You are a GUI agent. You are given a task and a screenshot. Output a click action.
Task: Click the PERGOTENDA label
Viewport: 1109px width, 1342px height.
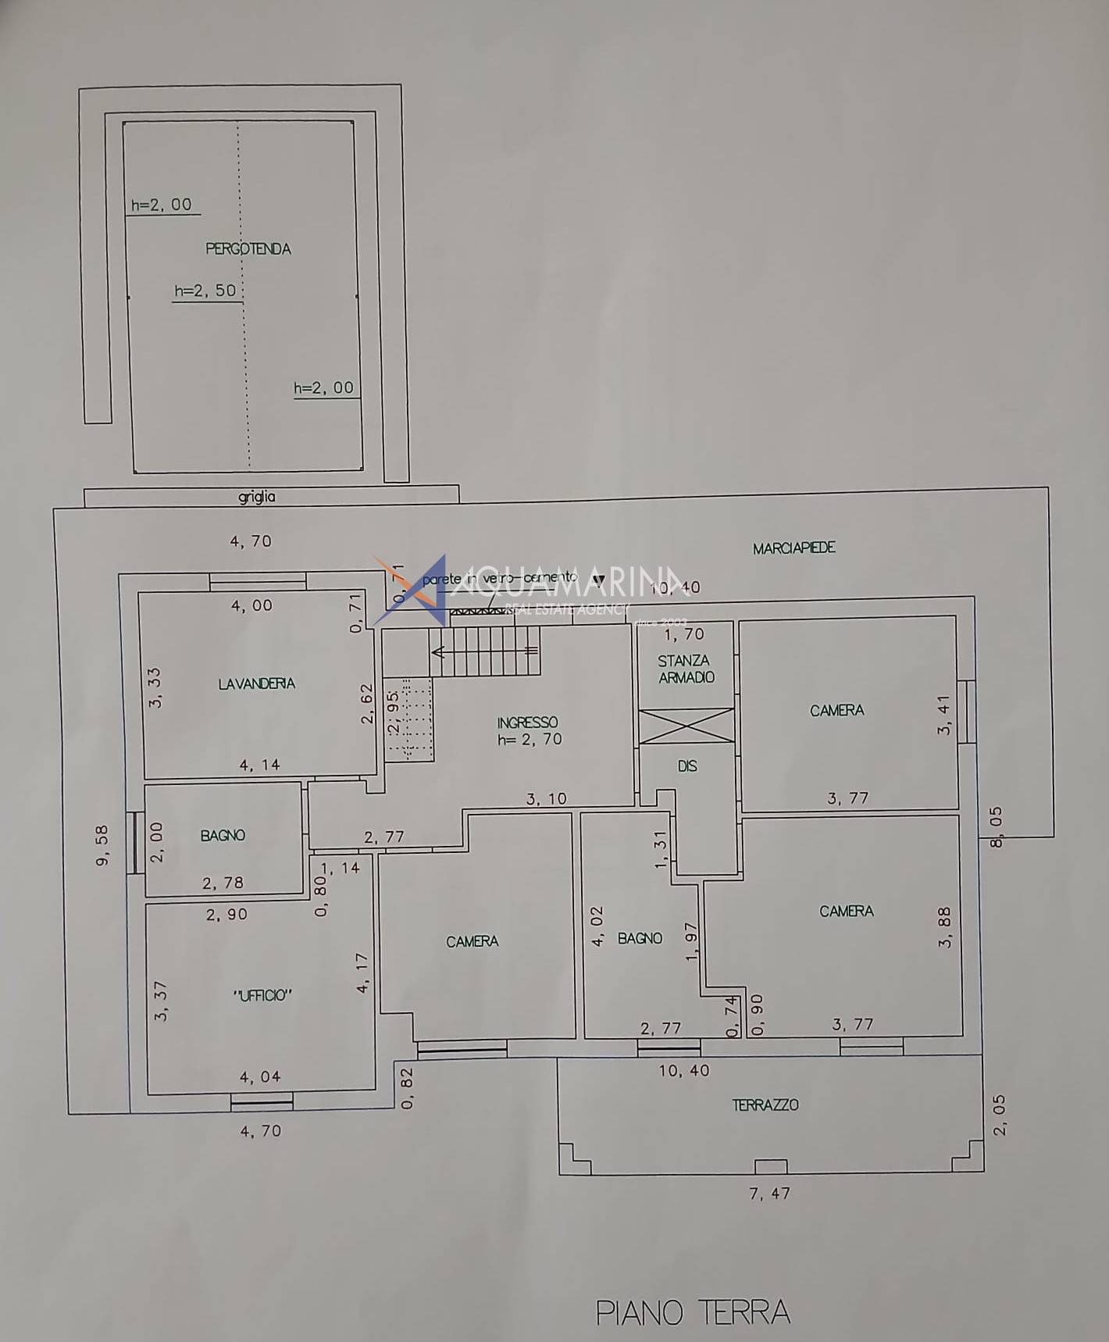248,249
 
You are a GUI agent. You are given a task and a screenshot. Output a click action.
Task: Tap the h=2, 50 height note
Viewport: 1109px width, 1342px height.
205,291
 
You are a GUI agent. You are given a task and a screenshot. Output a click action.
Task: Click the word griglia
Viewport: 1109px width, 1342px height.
257,497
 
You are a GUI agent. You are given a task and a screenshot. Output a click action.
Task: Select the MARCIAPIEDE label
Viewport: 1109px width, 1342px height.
793,548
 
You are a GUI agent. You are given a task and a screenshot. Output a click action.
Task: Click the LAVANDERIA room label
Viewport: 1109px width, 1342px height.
256,683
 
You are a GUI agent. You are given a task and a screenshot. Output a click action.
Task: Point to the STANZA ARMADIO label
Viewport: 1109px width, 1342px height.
685,669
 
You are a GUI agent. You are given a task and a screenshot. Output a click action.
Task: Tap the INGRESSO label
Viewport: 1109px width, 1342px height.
528,723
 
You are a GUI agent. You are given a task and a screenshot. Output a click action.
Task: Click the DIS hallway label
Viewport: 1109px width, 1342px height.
687,766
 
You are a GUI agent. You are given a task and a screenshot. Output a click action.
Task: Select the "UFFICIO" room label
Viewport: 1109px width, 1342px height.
262,995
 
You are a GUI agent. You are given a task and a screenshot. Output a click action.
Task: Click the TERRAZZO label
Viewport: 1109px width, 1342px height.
765,1105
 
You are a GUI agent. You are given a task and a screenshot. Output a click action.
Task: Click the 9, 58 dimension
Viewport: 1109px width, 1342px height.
102,845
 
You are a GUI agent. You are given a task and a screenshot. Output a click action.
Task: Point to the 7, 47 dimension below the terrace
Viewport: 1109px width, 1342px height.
769,1194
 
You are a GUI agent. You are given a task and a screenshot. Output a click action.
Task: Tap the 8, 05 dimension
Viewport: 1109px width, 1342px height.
997,827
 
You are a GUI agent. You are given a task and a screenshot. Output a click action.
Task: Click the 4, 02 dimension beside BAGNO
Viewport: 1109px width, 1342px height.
598,926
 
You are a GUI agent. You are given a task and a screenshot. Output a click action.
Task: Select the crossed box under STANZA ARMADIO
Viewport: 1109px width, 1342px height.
686,726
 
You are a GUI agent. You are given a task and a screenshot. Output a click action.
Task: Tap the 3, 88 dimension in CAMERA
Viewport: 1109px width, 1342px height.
945,927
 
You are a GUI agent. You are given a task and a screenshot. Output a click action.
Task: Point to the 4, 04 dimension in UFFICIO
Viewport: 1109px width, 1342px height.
260,1077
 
